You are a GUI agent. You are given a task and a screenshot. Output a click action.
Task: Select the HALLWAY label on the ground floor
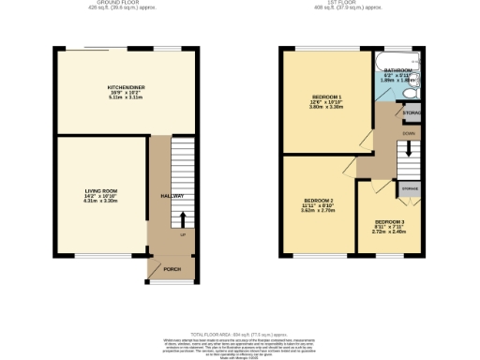click(x=171, y=196)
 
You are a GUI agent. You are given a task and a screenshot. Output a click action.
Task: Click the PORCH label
click(x=172, y=269)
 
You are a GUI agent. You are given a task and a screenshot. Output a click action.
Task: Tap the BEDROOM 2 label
click(x=318, y=201)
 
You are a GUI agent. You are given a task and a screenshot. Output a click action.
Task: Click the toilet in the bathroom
click(x=411, y=92)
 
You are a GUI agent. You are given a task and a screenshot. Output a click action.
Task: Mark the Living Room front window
click(x=93, y=254)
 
